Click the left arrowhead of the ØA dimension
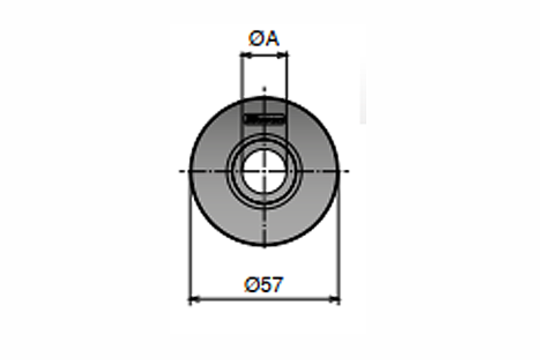tap(246, 55)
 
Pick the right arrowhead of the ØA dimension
tap(282, 55)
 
